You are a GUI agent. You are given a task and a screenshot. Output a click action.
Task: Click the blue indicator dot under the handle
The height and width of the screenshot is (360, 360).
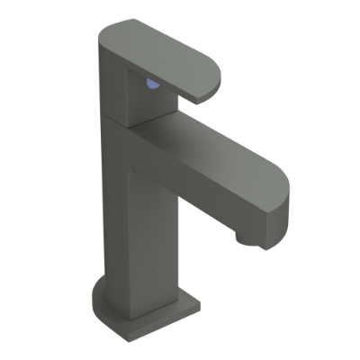point(154,85)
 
